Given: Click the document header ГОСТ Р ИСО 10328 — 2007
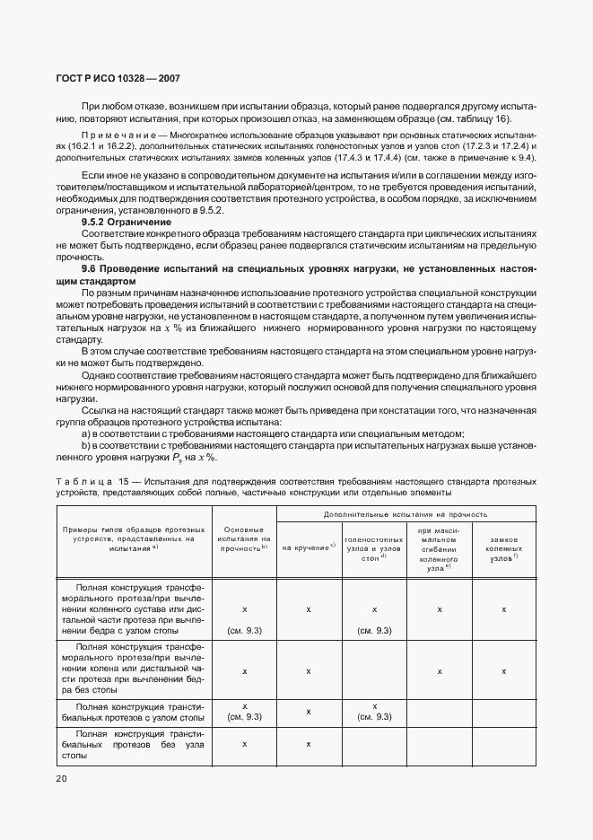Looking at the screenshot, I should click(x=118, y=79).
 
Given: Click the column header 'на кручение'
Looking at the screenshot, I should click(x=309, y=547).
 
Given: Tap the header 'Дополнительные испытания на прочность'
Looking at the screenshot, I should click(x=406, y=514).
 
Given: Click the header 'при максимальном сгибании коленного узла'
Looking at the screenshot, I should click(x=440, y=547).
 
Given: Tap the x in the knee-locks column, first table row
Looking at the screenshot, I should click(x=504, y=609).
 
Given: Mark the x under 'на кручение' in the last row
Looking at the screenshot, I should click(x=309, y=744).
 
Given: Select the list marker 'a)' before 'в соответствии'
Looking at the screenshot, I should click(x=85, y=433).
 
